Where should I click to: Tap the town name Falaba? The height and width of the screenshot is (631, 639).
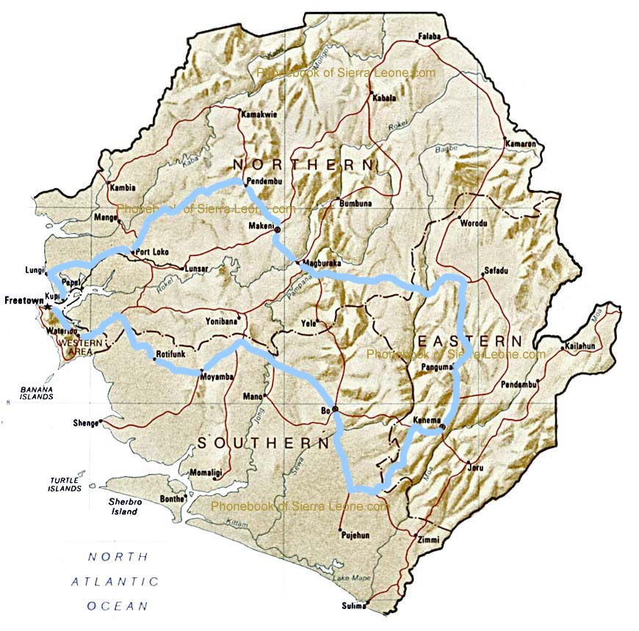[431, 35]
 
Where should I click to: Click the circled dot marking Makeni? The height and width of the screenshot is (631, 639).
[278, 230]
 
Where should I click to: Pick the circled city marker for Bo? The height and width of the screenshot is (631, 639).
[335, 409]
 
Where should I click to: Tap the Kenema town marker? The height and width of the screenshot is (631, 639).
[442, 427]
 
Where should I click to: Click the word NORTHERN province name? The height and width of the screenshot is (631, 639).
[303, 164]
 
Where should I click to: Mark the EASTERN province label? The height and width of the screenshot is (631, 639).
[470, 341]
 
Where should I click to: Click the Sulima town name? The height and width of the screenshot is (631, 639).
[353, 606]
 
